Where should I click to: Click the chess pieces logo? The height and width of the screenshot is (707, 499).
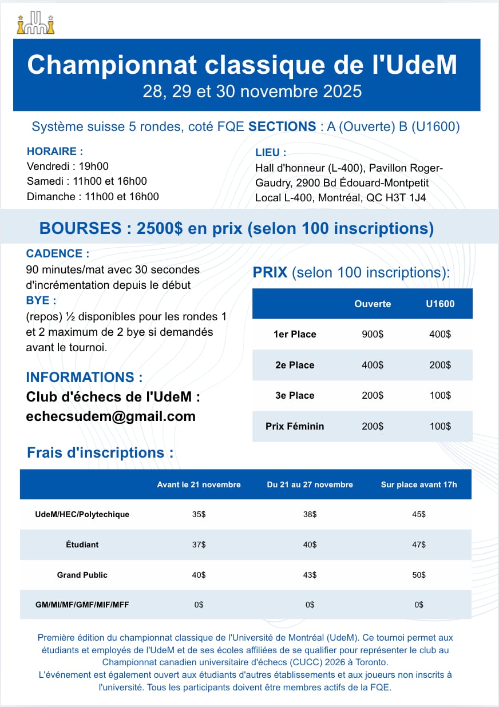click(x=36, y=23)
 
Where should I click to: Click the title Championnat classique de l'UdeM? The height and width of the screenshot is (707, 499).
click(x=242, y=65)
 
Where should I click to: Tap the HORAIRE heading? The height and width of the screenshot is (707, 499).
click(x=55, y=152)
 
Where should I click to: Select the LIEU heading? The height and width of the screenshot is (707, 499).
click(x=271, y=153)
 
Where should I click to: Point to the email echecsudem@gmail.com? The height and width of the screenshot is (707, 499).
click(x=111, y=416)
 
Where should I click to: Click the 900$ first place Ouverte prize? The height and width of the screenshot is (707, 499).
click(x=373, y=334)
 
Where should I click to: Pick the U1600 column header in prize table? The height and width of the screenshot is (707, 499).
click(x=440, y=304)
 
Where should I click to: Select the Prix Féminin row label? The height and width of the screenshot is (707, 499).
click(x=295, y=426)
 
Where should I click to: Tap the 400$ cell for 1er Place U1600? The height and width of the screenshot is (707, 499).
click(x=440, y=334)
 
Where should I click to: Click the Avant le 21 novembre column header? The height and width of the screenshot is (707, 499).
click(x=199, y=484)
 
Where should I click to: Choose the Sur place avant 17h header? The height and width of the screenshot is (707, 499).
click(x=419, y=484)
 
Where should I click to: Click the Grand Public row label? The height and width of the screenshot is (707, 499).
click(x=82, y=575)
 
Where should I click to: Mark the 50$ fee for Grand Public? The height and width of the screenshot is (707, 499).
click(x=419, y=575)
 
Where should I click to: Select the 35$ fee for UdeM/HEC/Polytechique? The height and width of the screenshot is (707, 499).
click(x=199, y=514)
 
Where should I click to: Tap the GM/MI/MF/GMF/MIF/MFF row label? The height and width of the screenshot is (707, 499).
click(x=82, y=605)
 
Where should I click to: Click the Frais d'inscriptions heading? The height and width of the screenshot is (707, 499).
click(x=100, y=452)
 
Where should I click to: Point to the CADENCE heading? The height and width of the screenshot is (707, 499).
click(x=58, y=253)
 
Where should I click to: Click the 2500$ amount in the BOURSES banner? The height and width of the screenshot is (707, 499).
click(x=160, y=229)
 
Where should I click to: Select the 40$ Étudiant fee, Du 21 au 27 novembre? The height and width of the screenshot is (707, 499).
click(x=310, y=545)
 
